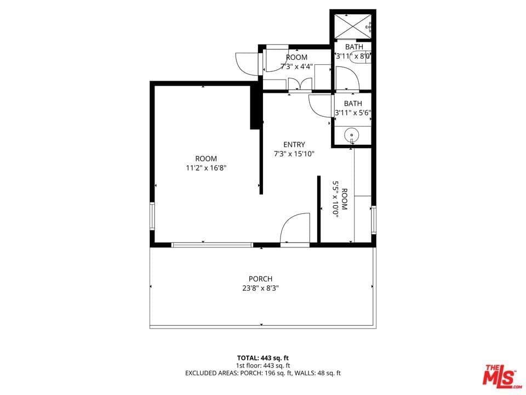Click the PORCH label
[260, 279]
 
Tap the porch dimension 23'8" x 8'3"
[260, 287]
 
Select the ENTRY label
[294, 145]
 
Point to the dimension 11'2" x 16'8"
[206, 168]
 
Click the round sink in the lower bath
[351, 134]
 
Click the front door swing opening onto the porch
[295, 228]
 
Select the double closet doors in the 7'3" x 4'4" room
[300, 84]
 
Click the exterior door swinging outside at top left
[247, 63]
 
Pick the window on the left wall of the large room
[152, 216]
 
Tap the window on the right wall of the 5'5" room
[374, 219]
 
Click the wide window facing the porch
[212, 245]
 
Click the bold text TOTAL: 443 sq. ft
[262, 358]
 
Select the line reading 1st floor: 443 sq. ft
[262, 365]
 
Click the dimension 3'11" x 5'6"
[353, 113]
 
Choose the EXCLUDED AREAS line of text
[262, 373]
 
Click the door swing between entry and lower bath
[319, 104]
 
